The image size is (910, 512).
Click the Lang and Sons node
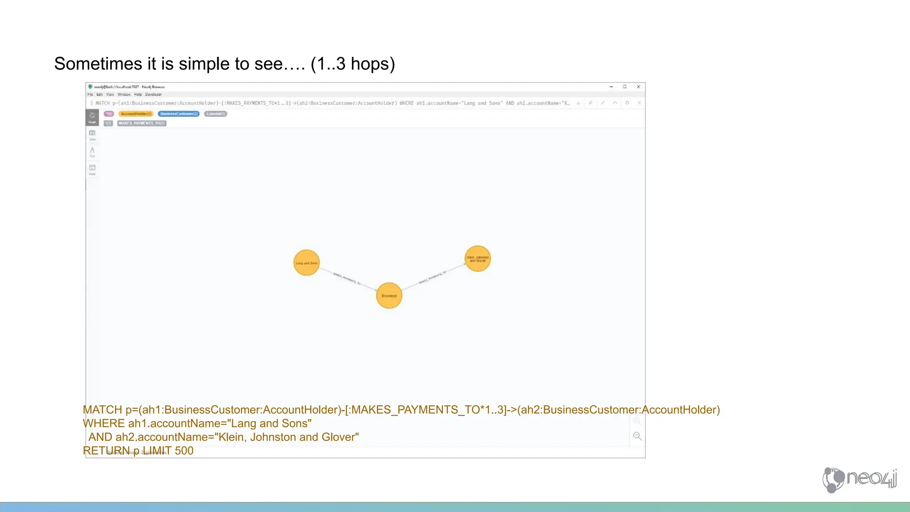306,263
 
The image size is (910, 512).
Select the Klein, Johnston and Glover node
478,259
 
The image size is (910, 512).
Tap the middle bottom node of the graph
389,296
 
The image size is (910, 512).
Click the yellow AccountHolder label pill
136,114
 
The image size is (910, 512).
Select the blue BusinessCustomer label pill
179,114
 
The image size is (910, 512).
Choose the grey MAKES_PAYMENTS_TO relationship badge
142,123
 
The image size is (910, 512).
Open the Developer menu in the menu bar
153,94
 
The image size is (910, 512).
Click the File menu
90,94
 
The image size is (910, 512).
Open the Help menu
138,94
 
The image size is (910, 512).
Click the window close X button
639,87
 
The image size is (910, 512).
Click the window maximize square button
625,87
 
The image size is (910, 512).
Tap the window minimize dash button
611,87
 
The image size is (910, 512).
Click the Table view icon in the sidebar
92,133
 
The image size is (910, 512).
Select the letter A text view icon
92,151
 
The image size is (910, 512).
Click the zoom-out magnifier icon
637,436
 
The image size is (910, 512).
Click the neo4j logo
859,479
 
